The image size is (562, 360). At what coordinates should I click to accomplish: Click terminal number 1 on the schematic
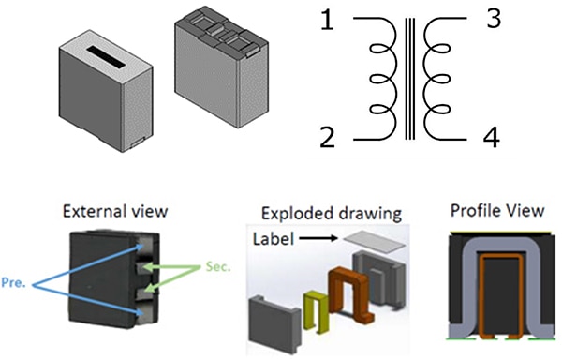(x=327, y=21)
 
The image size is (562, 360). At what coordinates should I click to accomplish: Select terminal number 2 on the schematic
(x=327, y=137)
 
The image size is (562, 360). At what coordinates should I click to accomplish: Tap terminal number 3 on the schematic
(x=494, y=18)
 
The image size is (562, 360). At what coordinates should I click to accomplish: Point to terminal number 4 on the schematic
(x=492, y=137)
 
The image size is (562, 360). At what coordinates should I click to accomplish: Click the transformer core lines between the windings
(x=409, y=79)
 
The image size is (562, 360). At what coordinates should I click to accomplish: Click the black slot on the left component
(x=107, y=56)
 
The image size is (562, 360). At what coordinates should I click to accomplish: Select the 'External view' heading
(x=115, y=211)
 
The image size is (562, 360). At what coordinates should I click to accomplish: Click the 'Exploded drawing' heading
(x=332, y=214)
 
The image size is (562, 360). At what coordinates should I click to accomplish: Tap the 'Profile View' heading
(x=497, y=211)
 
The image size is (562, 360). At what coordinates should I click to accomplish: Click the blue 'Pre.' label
(x=14, y=282)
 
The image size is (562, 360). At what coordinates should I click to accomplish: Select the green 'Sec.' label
(x=218, y=266)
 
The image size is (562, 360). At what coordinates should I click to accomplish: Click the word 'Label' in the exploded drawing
(x=274, y=238)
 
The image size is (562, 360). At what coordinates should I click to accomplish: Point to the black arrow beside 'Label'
(x=318, y=238)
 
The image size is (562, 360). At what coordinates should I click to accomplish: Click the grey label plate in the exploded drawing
(x=374, y=243)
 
